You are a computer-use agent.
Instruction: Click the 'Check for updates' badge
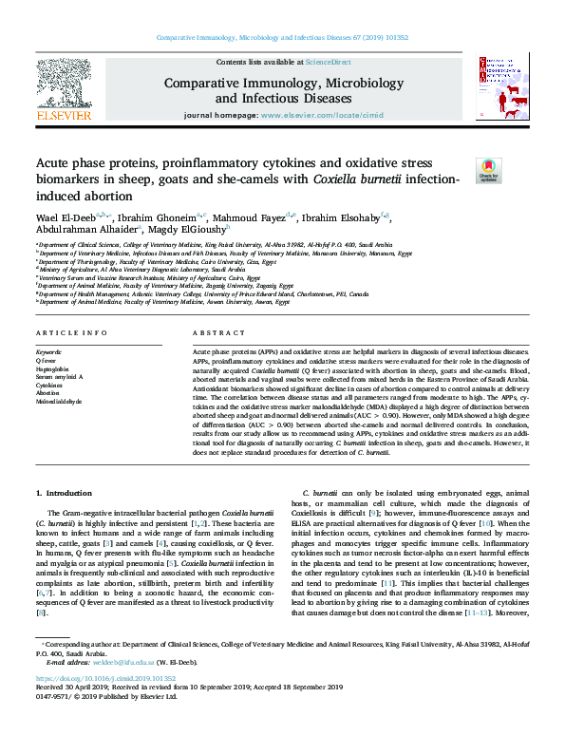coord(488,170)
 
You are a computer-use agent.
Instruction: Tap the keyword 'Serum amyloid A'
coord(59,377)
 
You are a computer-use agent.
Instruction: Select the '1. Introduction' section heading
coord(64,493)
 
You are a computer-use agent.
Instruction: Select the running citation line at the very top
coord(282,37)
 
